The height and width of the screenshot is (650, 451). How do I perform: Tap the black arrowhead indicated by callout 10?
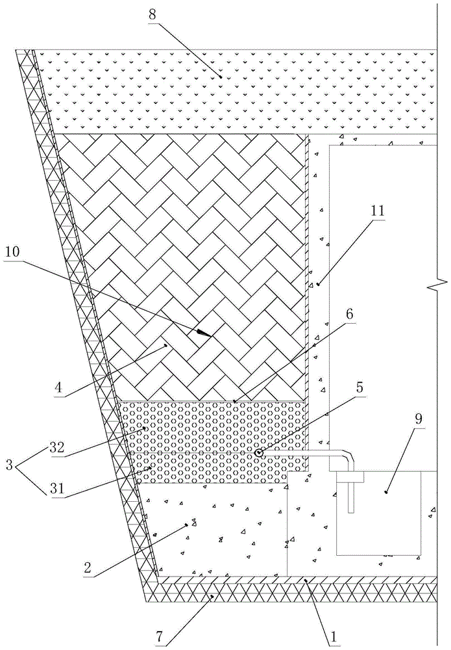click(x=203, y=334)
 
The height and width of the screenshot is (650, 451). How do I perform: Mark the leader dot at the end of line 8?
click(x=221, y=77)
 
